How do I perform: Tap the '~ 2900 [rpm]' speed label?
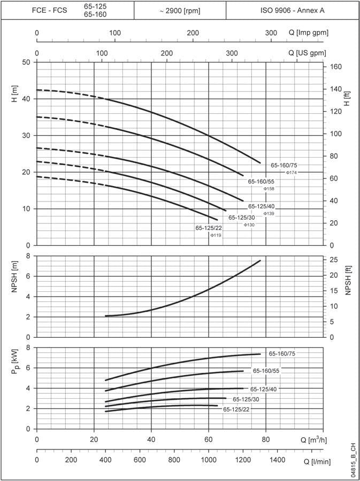point(180,11)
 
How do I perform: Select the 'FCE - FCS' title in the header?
point(50,11)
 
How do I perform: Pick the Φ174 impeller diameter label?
point(292,173)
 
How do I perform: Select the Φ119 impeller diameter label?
point(216,236)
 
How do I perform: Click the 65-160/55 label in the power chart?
point(266,371)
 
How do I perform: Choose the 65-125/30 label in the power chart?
point(246,400)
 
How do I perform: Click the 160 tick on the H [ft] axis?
point(336,67)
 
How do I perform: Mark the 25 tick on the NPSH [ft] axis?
point(334,260)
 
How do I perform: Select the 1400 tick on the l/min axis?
point(277,460)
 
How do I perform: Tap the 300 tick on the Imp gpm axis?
point(271,33)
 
